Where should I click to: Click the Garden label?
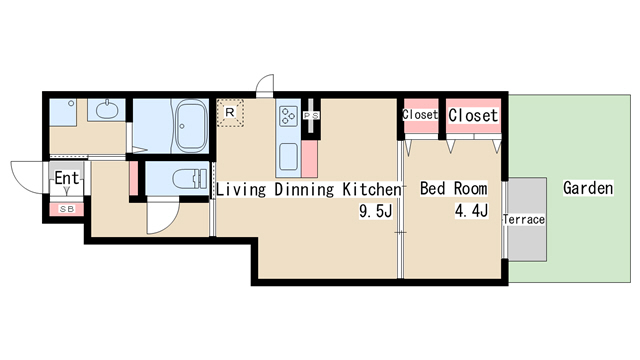click(x=588, y=188)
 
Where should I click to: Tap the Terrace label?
click(x=524, y=220)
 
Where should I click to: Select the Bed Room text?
click(x=453, y=189)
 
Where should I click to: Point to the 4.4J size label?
click(x=471, y=211)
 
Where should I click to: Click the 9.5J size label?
click(x=376, y=211)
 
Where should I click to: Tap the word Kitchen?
click(x=371, y=189)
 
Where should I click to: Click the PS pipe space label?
click(x=311, y=116)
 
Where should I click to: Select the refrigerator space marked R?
click(x=230, y=112)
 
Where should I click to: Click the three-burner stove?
click(x=288, y=116)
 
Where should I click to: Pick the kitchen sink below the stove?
click(x=288, y=157)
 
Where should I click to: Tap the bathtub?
click(x=191, y=125)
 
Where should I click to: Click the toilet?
click(x=191, y=179)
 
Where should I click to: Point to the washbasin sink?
click(x=107, y=109)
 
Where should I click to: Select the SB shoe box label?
click(x=67, y=209)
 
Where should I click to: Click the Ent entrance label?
click(x=67, y=178)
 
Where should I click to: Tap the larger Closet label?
click(x=473, y=115)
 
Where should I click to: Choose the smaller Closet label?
click(x=420, y=115)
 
